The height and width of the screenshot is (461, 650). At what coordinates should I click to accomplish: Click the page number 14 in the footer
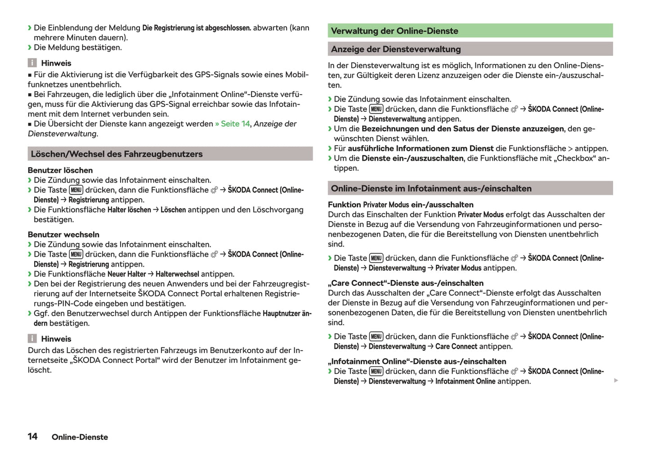(x=32, y=436)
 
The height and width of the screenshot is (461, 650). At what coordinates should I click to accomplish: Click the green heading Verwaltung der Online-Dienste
(x=394, y=31)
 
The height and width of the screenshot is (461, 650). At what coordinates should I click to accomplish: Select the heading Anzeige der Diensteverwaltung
(x=396, y=49)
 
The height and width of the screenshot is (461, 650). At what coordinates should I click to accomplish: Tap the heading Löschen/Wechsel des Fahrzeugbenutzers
(x=117, y=154)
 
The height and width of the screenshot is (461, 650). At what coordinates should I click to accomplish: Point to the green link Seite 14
(x=235, y=124)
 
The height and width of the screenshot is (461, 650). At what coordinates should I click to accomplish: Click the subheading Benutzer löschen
(x=60, y=170)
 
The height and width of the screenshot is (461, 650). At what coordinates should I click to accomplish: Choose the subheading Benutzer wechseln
(x=63, y=235)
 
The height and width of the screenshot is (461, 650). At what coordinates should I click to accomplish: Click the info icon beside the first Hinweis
(x=32, y=63)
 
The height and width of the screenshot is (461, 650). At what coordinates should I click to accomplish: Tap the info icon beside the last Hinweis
(x=32, y=339)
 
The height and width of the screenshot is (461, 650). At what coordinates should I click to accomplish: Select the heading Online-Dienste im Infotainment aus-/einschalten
(x=431, y=189)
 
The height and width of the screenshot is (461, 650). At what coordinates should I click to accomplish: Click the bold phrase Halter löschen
(x=129, y=210)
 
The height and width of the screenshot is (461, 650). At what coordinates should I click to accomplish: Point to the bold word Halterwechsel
(x=177, y=274)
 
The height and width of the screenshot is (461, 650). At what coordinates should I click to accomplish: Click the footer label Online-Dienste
(x=80, y=437)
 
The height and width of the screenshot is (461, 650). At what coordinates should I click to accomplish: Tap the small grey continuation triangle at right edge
(x=616, y=381)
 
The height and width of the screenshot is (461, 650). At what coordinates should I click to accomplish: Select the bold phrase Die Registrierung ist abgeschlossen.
(x=197, y=28)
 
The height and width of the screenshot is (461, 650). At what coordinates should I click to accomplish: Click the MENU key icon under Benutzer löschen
(x=76, y=190)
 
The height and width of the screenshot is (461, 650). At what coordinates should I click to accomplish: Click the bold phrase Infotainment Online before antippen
(x=465, y=381)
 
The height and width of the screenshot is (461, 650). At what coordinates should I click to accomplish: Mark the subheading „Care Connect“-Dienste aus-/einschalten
(x=405, y=283)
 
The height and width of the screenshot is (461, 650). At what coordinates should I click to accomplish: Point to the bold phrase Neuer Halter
(x=127, y=274)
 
